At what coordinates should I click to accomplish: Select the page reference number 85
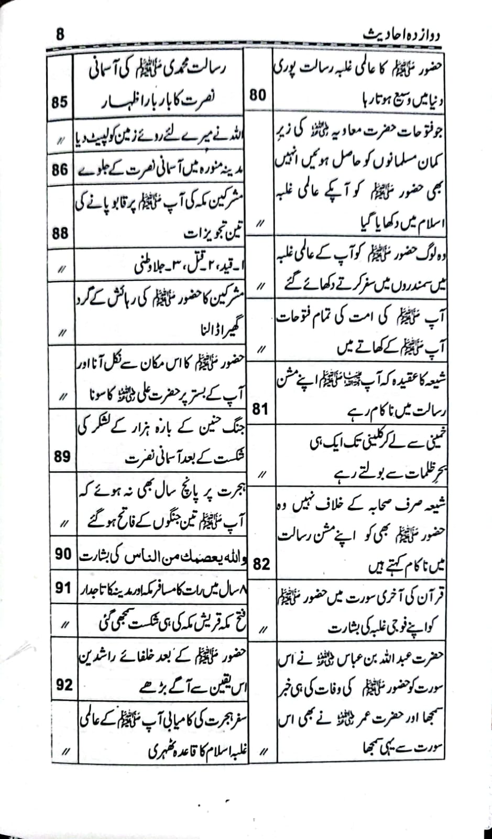click(60, 101)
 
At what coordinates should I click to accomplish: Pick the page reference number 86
click(60, 170)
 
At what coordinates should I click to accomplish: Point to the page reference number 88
click(60, 233)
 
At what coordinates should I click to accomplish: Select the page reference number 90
click(63, 554)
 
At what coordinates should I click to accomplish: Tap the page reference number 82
click(261, 564)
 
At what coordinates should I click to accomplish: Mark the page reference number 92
click(64, 685)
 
